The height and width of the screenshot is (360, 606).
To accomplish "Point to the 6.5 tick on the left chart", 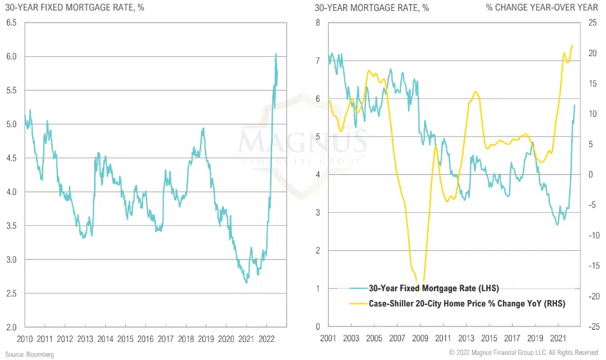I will pyautogui.click(x=12, y=23).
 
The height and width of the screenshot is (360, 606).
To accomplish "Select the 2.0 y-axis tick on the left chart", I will pyautogui.click(x=12, y=327).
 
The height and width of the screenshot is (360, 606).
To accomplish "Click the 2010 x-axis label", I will pyautogui.click(x=25, y=338).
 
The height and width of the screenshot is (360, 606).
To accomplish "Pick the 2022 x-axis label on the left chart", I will pyautogui.click(x=266, y=338).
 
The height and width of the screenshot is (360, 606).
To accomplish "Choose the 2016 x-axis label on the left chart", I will pyautogui.click(x=146, y=338).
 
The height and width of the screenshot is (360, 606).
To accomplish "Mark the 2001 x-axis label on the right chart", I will pyautogui.click(x=328, y=338).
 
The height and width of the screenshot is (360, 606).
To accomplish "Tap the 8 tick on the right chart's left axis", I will pyautogui.click(x=317, y=23).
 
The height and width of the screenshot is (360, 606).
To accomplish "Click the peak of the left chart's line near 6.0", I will pyautogui.click(x=276, y=54).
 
